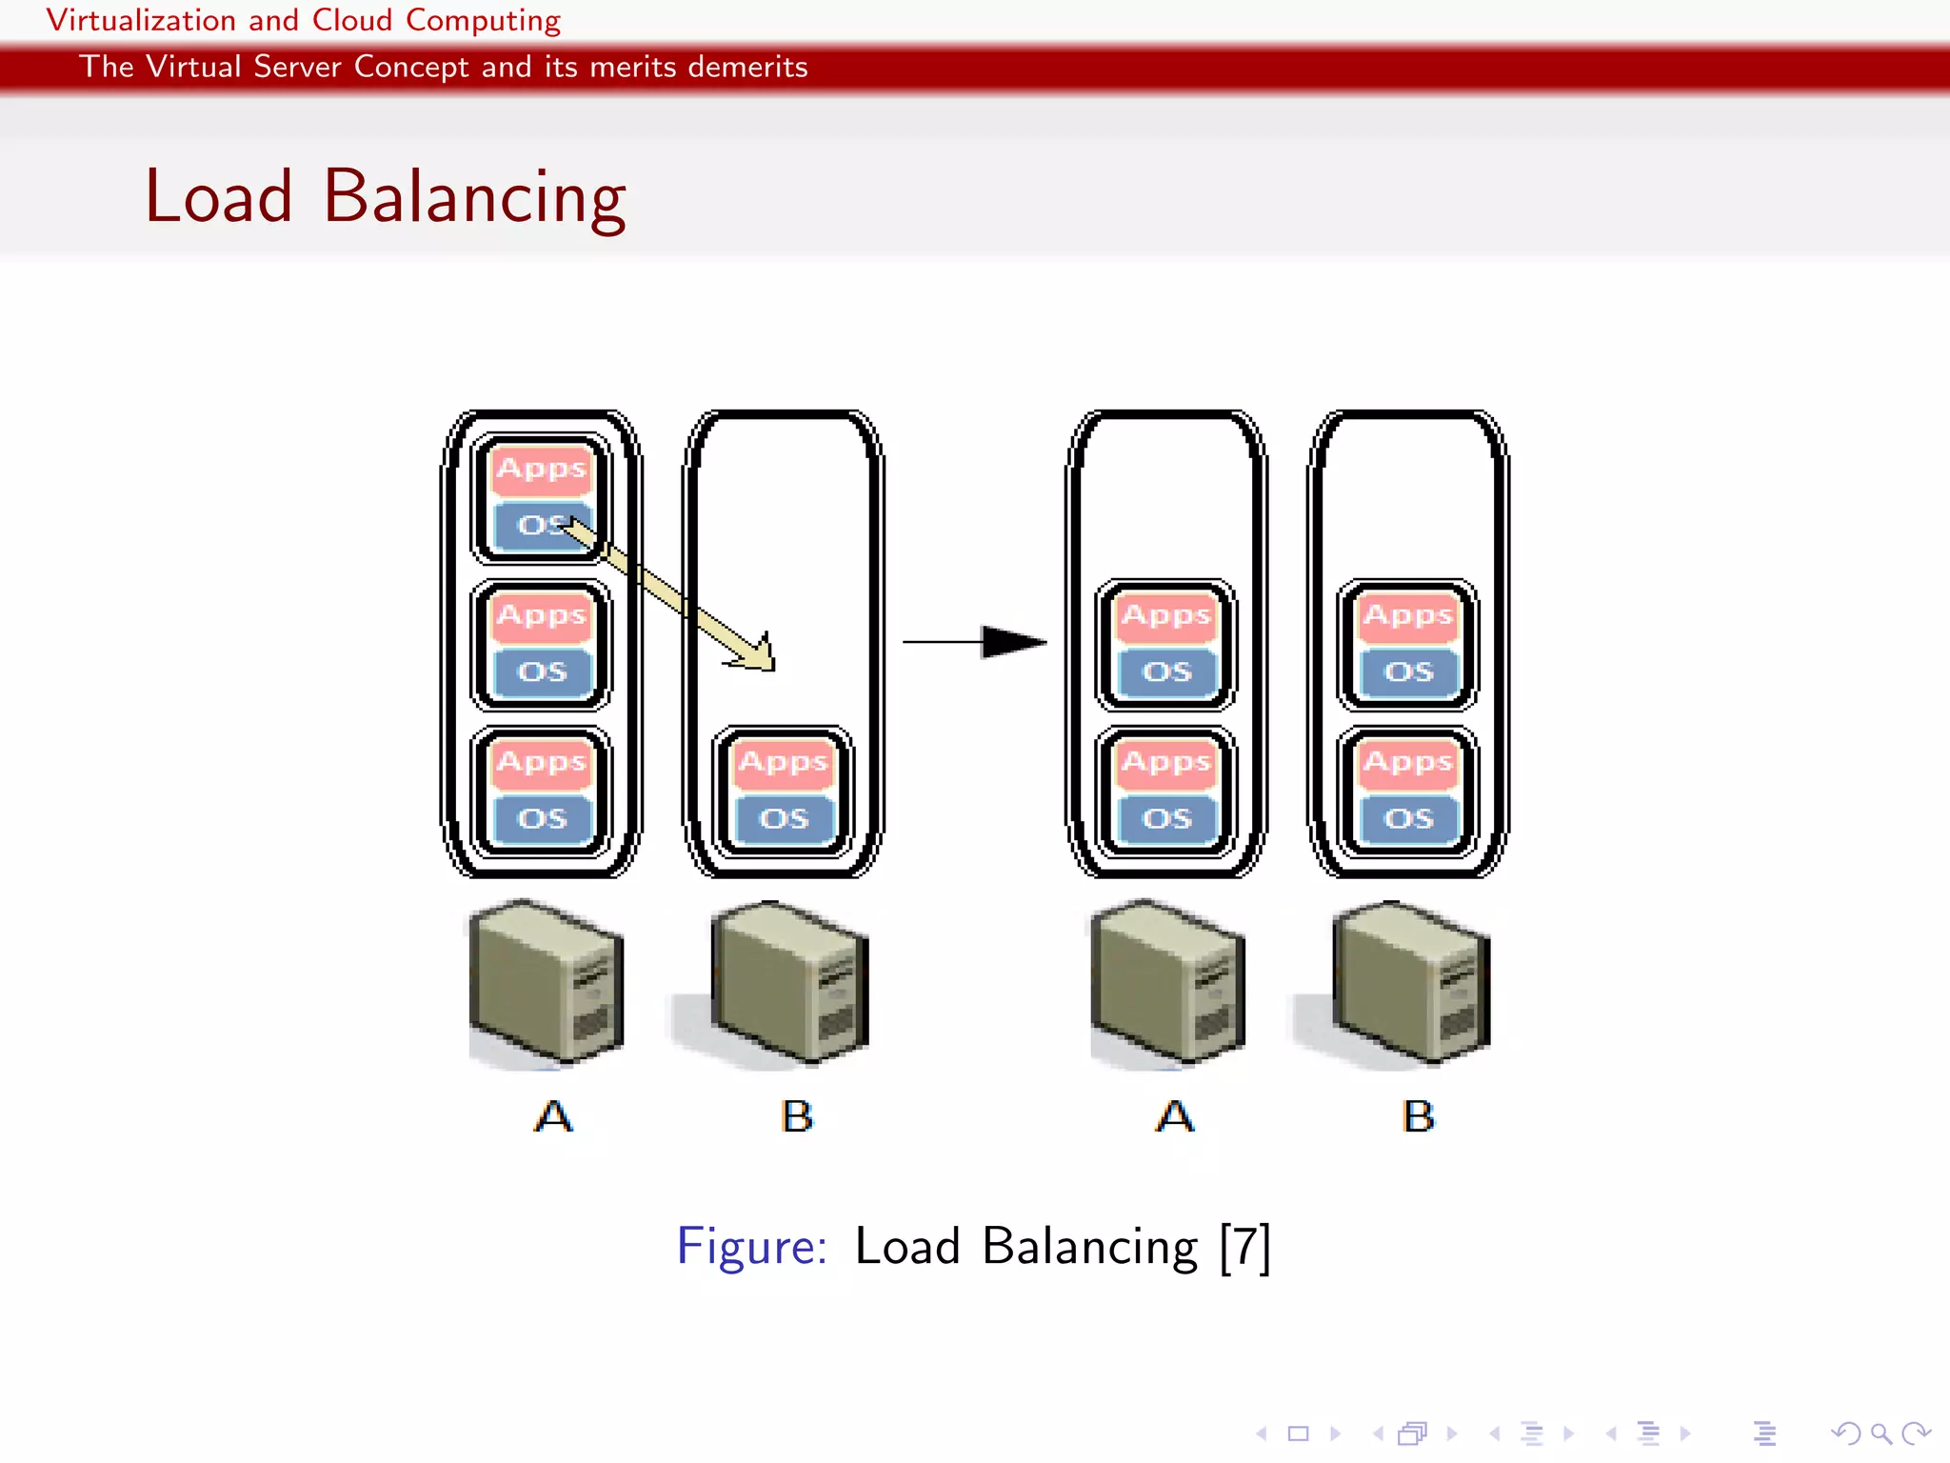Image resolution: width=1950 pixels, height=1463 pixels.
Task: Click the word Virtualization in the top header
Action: coord(141,20)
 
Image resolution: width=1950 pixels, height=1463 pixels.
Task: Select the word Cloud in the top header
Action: coord(351,20)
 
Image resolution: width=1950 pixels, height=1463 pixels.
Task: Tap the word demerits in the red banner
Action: coord(747,67)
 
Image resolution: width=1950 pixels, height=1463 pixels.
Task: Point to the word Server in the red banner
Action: coord(297,67)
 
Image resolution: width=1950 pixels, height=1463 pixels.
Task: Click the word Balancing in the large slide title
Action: coord(474,197)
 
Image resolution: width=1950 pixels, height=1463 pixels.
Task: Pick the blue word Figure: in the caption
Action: coord(751,1246)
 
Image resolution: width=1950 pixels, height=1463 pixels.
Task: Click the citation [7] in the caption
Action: coord(1244,1246)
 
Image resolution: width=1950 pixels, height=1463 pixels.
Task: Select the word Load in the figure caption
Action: coord(906,1246)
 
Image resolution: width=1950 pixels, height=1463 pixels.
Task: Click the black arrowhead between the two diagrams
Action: coord(1012,642)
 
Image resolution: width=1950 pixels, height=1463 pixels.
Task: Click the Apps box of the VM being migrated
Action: coord(542,469)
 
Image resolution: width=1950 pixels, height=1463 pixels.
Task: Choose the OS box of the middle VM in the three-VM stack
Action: coord(542,672)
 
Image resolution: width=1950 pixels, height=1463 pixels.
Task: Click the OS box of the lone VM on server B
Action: coord(784,819)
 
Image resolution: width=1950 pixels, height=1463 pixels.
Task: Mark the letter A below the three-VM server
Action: coord(553,1116)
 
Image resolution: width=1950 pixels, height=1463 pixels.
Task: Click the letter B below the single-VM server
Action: coord(797,1116)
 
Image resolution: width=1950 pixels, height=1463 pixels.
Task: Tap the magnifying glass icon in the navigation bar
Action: coord(1880,1433)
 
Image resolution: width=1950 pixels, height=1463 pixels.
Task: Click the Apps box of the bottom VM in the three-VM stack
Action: coord(542,762)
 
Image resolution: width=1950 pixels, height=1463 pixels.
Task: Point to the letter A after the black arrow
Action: coord(1175,1116)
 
